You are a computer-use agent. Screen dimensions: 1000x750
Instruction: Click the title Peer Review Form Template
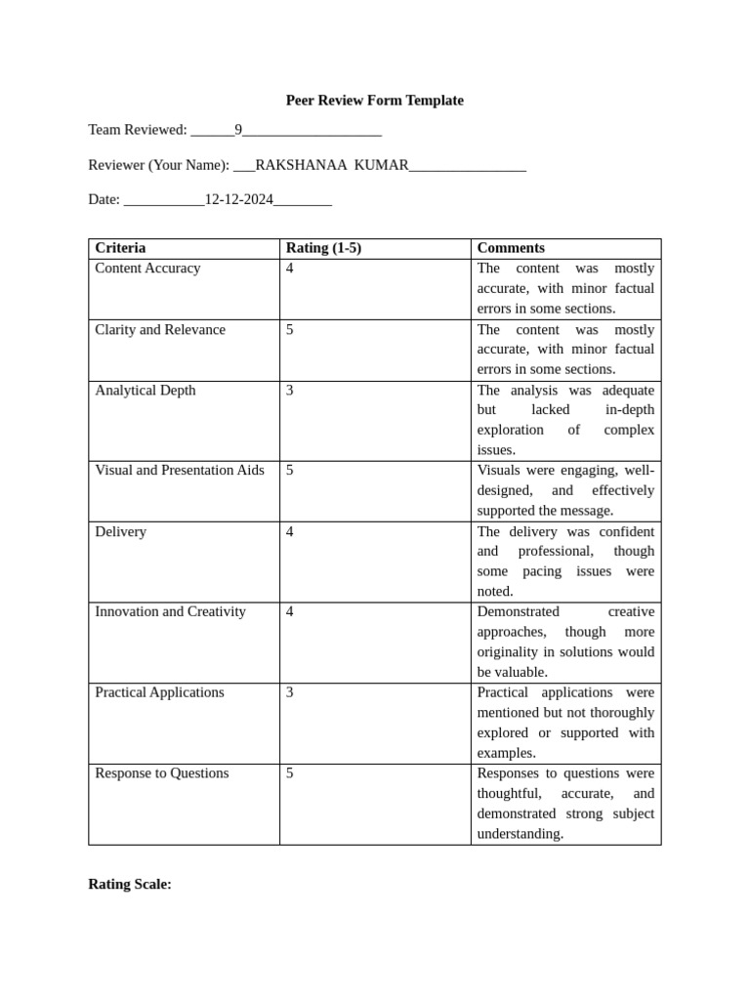(374, 101)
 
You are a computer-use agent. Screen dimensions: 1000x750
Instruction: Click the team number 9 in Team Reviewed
(238, 130)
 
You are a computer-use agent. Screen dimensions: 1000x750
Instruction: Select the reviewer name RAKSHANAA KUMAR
(331, 165)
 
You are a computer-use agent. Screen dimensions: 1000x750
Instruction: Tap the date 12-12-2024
(238, 199)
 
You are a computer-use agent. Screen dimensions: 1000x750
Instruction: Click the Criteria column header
(120, 248)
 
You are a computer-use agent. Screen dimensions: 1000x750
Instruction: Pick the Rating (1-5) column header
(323, 248)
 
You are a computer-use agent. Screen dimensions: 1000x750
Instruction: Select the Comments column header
(511, 248)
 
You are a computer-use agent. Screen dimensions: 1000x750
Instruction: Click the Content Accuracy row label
(147, 269)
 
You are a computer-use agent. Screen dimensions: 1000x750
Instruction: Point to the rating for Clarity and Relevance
(290, 330)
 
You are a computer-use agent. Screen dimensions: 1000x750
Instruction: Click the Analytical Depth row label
(145, 391)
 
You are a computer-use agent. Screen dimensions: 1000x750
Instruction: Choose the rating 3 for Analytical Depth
(290, 391)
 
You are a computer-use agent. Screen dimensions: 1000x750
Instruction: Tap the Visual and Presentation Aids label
(180, 471)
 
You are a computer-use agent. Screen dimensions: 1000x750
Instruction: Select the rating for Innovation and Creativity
(290, 612)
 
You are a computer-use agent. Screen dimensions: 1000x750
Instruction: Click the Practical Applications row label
(159, 692)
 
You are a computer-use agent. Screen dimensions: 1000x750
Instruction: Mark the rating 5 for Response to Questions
(290, 773)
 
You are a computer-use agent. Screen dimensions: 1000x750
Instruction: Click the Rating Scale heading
(130, 885)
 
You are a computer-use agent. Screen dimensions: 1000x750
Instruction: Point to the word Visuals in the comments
(499, 471)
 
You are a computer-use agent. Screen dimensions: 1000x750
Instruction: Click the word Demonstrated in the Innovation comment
(518, 612)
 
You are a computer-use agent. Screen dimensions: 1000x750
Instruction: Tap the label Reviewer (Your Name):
(159, 165)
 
